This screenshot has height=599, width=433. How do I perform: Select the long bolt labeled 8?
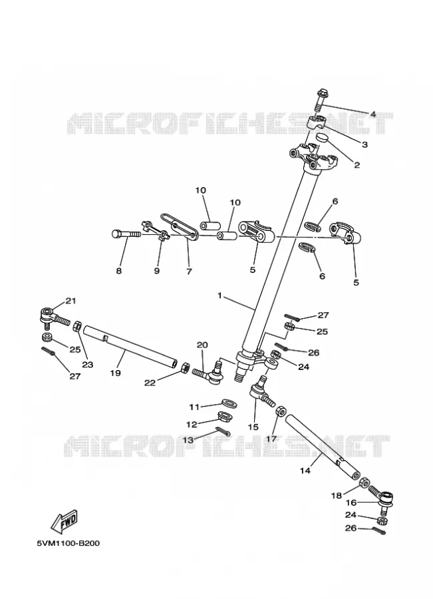pyautogui.click(x=126, y=234)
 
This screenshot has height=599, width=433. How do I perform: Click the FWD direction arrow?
pyautogui.click(x=65, y=520)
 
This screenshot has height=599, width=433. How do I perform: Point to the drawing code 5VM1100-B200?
pyautogui.click(x=69, y=543)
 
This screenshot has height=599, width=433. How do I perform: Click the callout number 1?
pyautogui.click(x=219, y=296)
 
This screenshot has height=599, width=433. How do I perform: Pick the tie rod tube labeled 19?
pyautogui.click(x=130, y=345)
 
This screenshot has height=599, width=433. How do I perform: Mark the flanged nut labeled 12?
pyautogui.click(x=225, y=415)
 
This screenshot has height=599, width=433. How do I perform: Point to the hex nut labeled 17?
pyautogui.click(x=280, y=411)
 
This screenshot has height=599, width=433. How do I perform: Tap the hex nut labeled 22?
pyautogui.click(x=185, y=367)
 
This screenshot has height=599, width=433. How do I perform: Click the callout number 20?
pyautogui.click(x=202, y=345)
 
